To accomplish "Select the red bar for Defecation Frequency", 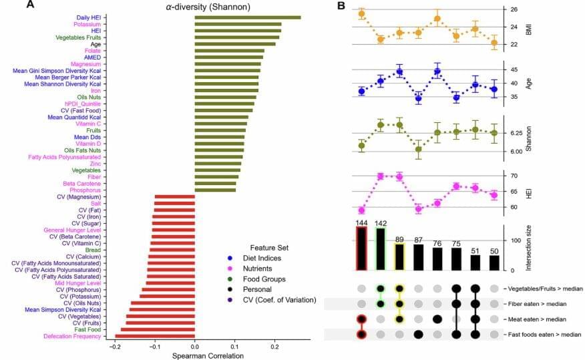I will pos(155,336).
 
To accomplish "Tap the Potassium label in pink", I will pos(87,25).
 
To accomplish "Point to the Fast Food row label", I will pos(87,329).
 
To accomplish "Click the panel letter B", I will pos(341,6).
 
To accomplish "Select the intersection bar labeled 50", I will pos(494,262).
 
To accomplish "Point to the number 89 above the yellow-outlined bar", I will pos(399,238).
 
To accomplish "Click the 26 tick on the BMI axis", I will pos(513,10).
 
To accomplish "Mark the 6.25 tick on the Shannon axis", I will pos(516,134).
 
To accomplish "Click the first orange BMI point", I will pos(361,13).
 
